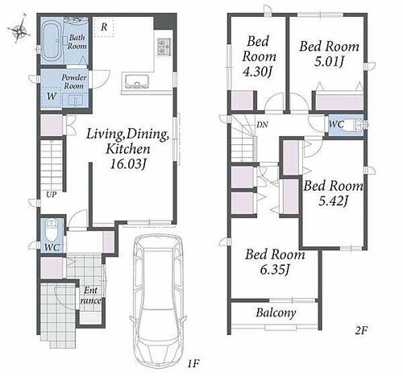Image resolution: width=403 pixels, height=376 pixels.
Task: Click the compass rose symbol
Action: [x=19, y=29]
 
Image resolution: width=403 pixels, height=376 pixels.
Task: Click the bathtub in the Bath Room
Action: [x=52, y=42]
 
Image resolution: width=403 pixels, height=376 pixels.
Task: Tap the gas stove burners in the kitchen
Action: [x=164, y=47]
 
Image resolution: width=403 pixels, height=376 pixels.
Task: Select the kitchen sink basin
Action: [x=137, y=81]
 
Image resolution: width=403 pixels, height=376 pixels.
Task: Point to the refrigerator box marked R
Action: [x=104, y=27]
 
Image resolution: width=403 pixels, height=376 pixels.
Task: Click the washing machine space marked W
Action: [x=52, y=97]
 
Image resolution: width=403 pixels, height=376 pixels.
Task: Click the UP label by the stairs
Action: [x=51, y=195]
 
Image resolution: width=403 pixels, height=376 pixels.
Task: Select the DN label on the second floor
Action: [x=262, y=125]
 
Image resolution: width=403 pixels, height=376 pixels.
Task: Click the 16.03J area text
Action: [x=128, y=164]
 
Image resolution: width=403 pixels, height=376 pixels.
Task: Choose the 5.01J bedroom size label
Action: [x=329, y=62]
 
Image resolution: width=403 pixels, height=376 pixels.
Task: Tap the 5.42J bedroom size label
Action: [x=333, y=200]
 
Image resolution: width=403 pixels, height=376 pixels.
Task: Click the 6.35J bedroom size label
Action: [x=274, y=270]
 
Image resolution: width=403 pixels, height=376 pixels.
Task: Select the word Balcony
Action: [x=276, y=312]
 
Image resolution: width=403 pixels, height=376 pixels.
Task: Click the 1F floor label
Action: [x=193, y=364]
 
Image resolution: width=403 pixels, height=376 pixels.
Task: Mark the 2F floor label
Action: [x=361, y=330]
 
